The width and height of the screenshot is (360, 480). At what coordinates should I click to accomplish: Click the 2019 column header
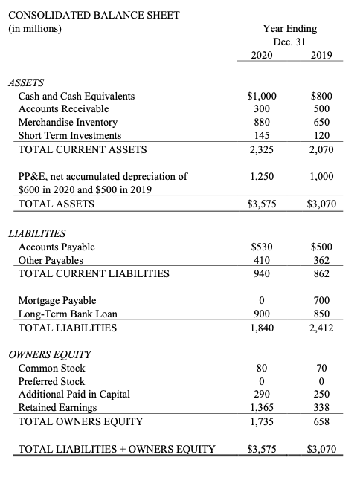click(322, 55)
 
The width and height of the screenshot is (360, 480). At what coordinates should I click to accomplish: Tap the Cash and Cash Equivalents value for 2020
click(260, 96)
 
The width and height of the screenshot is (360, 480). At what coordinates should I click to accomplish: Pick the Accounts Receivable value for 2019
click(322, 109)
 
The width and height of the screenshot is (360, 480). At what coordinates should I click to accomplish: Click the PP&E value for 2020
click(260, 177)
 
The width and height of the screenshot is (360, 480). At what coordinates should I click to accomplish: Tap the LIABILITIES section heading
click(42, 233)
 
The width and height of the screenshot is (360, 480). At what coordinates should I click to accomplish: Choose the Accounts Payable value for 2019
click(322, 247)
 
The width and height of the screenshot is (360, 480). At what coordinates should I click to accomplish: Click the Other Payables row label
click(51, 260)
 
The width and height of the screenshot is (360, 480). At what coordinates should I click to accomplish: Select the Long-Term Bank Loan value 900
click(260, 314)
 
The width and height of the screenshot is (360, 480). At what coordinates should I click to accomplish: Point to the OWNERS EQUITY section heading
click(48, 354)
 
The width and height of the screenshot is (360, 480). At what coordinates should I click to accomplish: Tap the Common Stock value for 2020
click(260, 368)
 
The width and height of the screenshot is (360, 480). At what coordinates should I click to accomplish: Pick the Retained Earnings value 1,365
click(260, 408)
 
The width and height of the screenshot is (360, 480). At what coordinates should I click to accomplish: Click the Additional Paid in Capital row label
click(74, 395)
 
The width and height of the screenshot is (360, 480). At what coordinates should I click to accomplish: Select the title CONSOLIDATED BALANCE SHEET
click(92, 15)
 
